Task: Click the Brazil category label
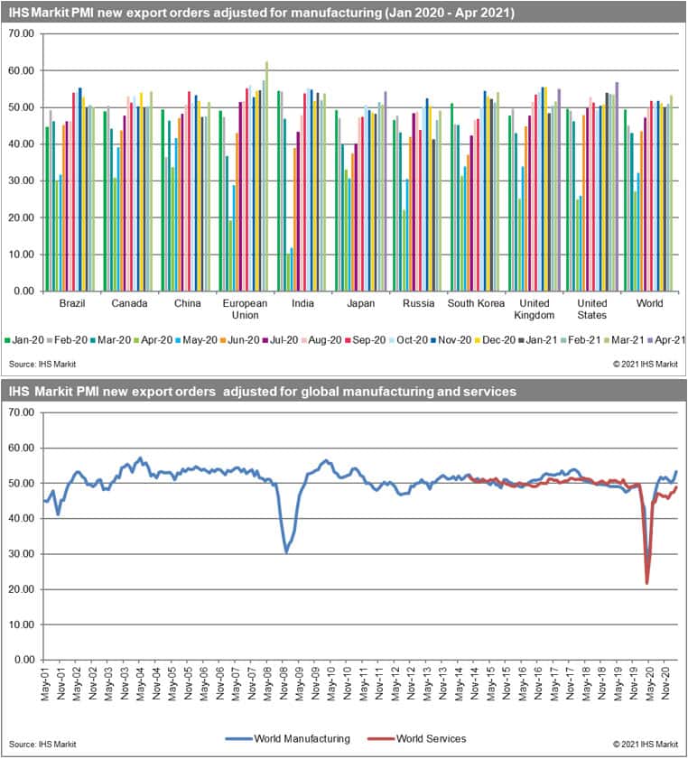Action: [x=71, y=303]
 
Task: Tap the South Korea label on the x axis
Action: [x=474, y=303]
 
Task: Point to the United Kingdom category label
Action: [x=532, y=309]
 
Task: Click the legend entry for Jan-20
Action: [x=23, y=340]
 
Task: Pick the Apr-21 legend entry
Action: [x=669, y=340]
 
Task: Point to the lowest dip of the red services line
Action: [x=646, y=583]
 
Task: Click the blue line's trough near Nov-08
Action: [x=286, y=551]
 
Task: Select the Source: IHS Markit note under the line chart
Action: [x=42, y=744]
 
